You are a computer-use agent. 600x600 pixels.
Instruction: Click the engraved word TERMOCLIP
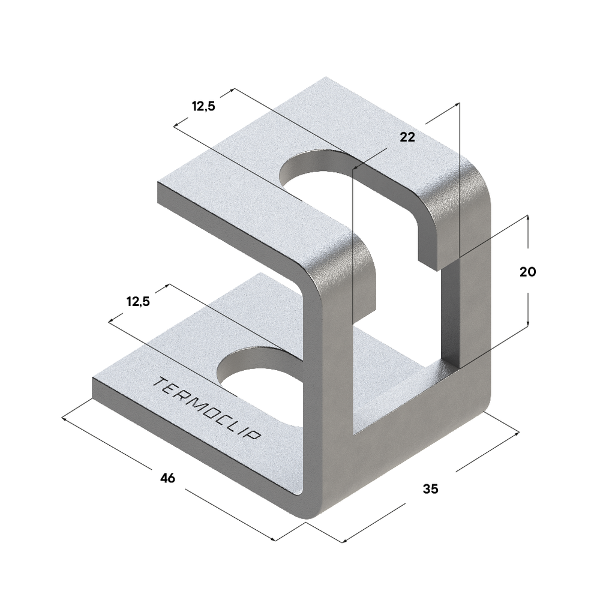coord(207,408)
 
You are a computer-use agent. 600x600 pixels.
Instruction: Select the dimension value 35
coord(430,489)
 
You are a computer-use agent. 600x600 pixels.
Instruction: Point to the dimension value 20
coord(527,271)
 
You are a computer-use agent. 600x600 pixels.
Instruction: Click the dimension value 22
coord(407,137)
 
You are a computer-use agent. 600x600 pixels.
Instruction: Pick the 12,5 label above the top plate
coord(203,107)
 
